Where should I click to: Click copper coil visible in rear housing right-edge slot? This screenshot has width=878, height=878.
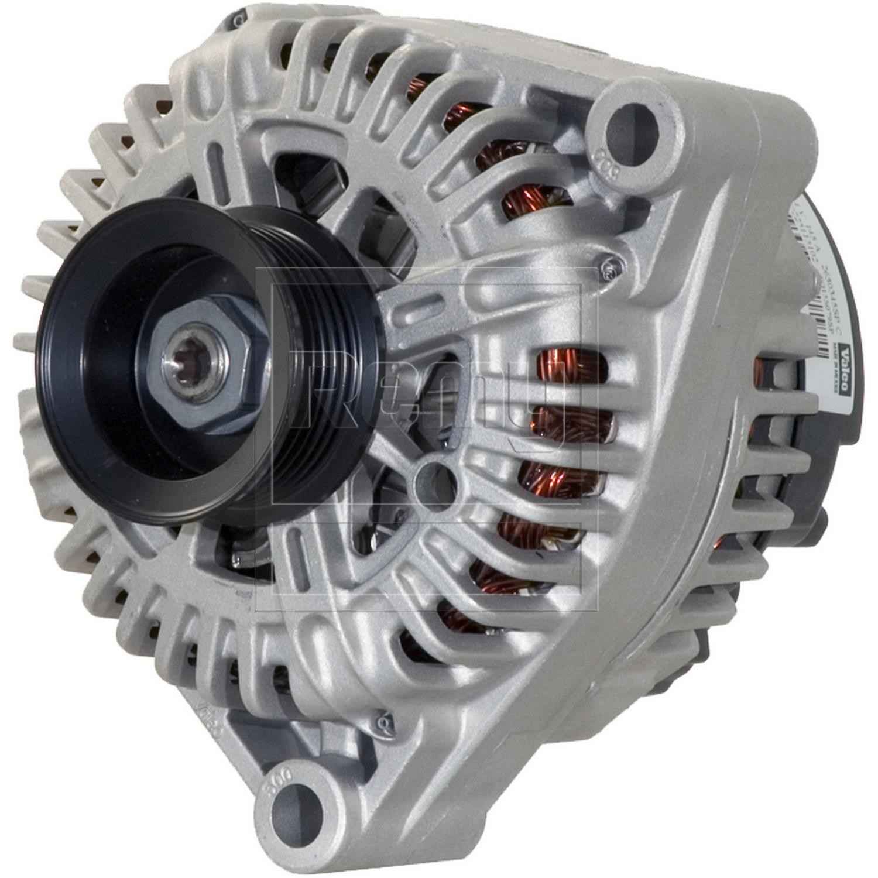tap(760, 368)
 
